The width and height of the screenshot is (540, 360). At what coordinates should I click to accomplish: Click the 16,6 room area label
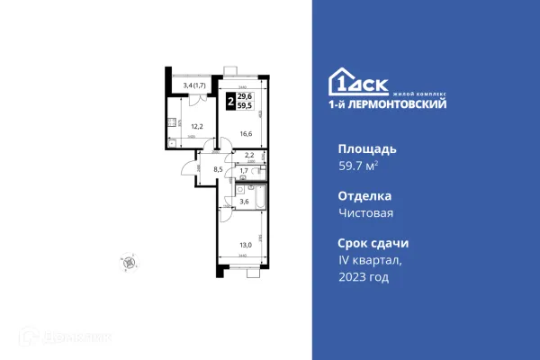245,134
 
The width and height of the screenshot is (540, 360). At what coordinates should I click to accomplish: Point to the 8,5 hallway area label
217,167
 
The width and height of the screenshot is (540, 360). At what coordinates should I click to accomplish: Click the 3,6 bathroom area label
244,202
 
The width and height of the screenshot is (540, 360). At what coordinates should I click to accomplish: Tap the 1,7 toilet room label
244,170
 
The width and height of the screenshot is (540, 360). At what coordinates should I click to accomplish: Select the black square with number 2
231,102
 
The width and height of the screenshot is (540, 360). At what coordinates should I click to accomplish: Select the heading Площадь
366,148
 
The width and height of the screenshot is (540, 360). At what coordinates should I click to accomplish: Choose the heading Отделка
365,195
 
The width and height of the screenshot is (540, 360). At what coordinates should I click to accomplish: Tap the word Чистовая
366,213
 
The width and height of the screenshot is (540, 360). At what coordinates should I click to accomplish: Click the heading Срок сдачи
373,243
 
